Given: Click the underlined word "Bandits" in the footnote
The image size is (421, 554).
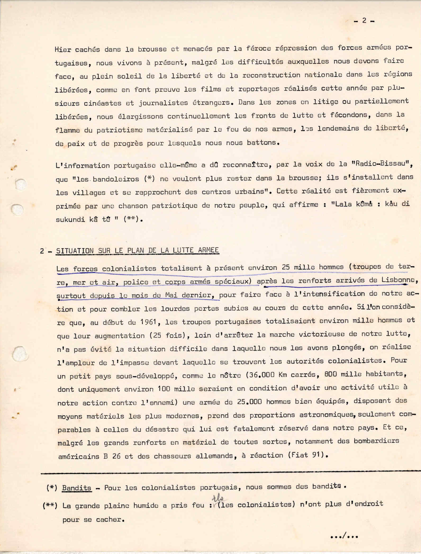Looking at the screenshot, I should [x=77, y=488].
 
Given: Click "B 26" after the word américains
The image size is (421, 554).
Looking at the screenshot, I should [x=112, y=456].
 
